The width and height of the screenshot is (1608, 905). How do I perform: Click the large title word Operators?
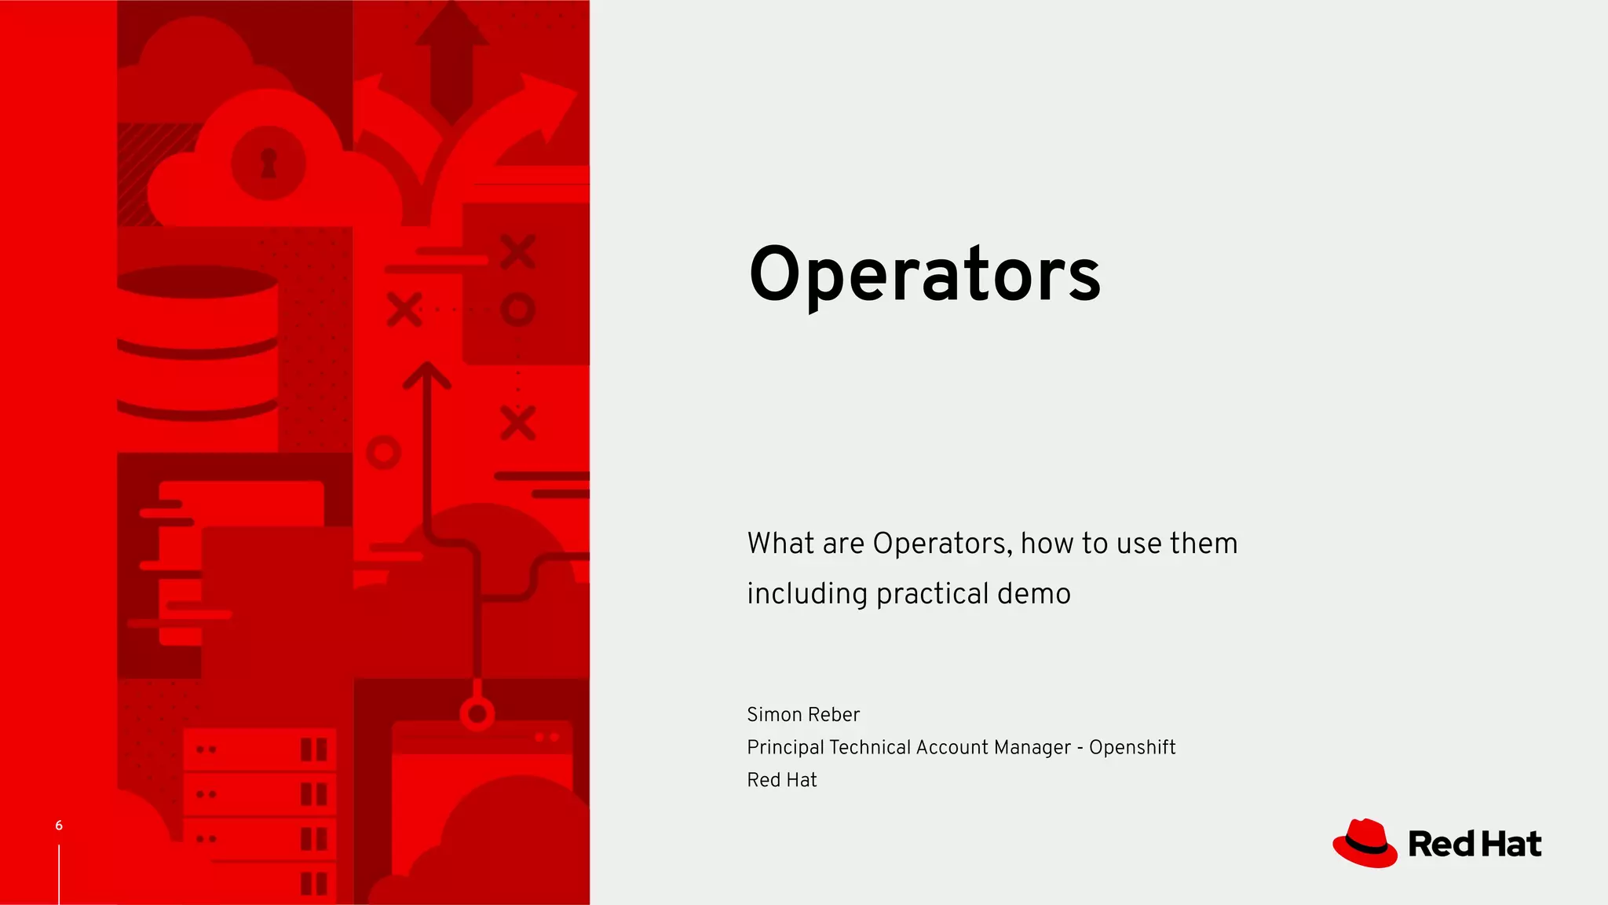tap(924, 274)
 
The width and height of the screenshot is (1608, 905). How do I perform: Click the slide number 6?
tap(59, 825)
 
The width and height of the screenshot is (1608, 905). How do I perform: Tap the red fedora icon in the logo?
tap(1365, 844)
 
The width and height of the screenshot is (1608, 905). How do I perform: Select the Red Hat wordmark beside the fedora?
tap(1475, 845)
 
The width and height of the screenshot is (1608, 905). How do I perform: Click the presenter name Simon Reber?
tap(802, 715)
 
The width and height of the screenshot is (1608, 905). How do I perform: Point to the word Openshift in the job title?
tap(1131, 747)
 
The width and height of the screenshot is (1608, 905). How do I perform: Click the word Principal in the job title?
tap(784, 747)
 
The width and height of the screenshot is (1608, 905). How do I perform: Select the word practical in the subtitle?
tap(932, 595)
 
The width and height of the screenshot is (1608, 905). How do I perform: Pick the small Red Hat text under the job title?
tap(781, 780)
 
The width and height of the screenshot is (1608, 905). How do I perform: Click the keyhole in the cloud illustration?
tap(269, 163)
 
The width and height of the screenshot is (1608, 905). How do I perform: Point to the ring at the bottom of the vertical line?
tap(477, 714)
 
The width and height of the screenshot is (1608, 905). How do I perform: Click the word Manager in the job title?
tap(1032, 747)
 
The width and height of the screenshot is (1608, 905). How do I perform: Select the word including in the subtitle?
tap(806, 595)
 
